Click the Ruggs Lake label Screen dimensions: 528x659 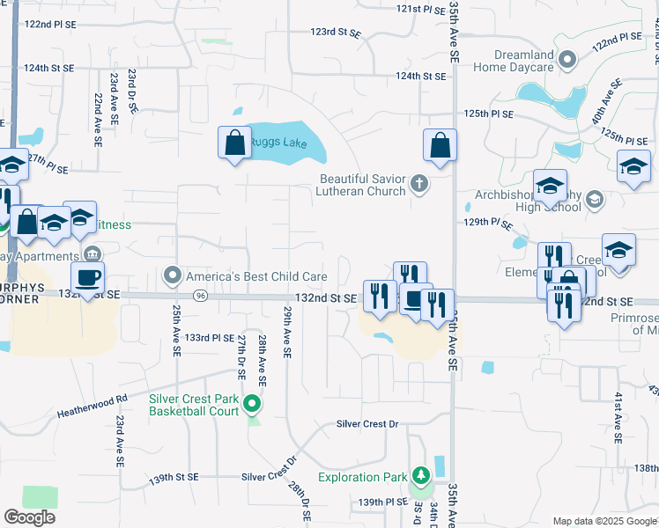[x=278, y=143]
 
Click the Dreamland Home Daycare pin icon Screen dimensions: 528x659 [x=568, y=60]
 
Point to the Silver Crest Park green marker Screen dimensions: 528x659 [x=253, y=405]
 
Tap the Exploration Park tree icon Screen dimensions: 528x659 [x=421, y=477]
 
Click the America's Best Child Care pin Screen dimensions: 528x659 [x=173, y=276]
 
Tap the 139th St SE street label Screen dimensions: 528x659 [x=174, y=478]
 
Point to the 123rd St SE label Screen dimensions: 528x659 [x=336, y=33]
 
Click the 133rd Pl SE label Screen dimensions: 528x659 [x=210, y=337]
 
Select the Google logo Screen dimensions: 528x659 [x=29, y=517]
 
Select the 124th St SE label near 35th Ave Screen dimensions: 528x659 [x=420, y=77]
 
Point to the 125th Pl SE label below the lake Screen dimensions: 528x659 [x=489, y=114]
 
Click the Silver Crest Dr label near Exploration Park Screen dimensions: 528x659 [x=367, y=424]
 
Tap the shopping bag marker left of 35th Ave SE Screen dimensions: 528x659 [x=440, y=146]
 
